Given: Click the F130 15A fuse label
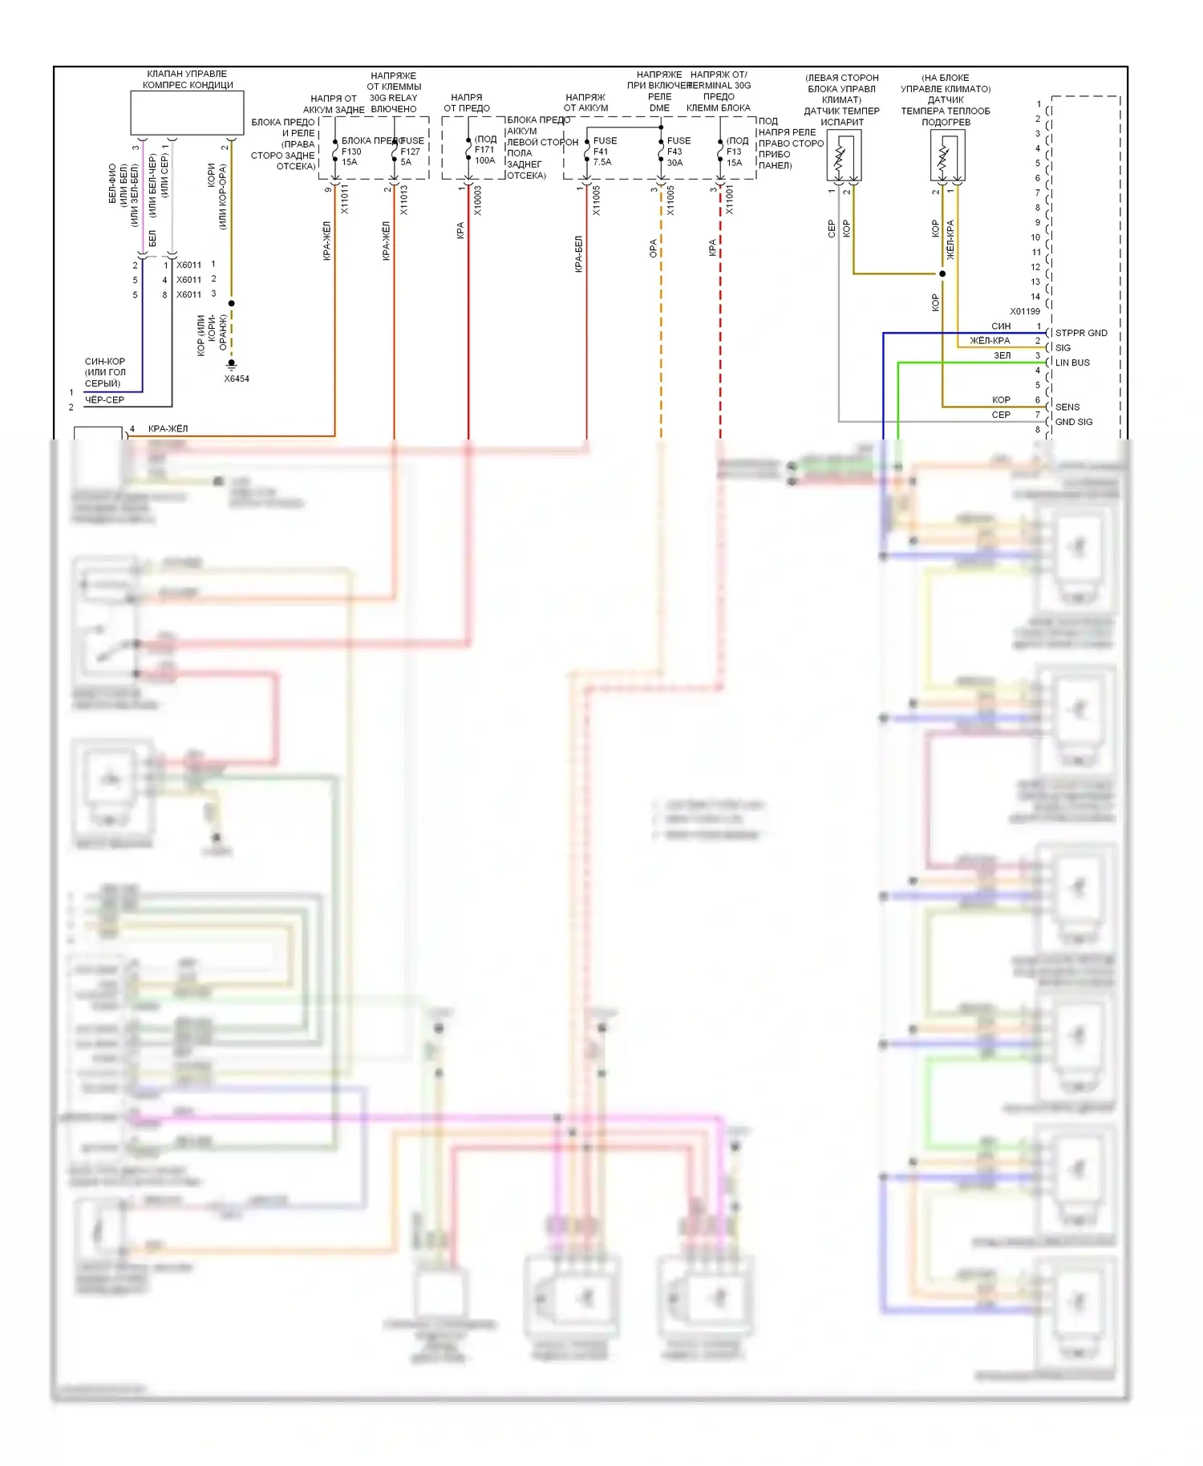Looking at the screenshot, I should [350, 152].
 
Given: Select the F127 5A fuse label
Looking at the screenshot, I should [410, 152].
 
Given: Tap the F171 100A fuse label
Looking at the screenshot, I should [485, 150].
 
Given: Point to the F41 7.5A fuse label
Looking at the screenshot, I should [602, 152].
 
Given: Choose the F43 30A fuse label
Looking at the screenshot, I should [675, 152].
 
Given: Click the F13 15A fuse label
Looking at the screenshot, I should [735, 152].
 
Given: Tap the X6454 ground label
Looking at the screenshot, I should [237, 379].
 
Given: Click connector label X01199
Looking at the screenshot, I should [1024, 311].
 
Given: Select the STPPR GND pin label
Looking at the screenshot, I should [1080, 333].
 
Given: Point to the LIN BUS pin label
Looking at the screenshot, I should [1072, 362].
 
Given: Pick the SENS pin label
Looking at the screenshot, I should [1067, 407].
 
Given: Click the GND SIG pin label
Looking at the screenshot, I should [1074, 422].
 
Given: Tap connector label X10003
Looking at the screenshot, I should [478, 200].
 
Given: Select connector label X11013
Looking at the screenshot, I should [404, 200].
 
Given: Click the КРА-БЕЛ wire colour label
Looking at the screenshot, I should [578, 254].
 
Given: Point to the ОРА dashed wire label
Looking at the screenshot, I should [653, 248].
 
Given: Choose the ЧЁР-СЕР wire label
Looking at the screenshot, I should [104, 399].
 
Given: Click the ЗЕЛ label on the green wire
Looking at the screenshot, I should [1003, 355].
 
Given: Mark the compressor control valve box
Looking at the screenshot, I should [187, 112].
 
